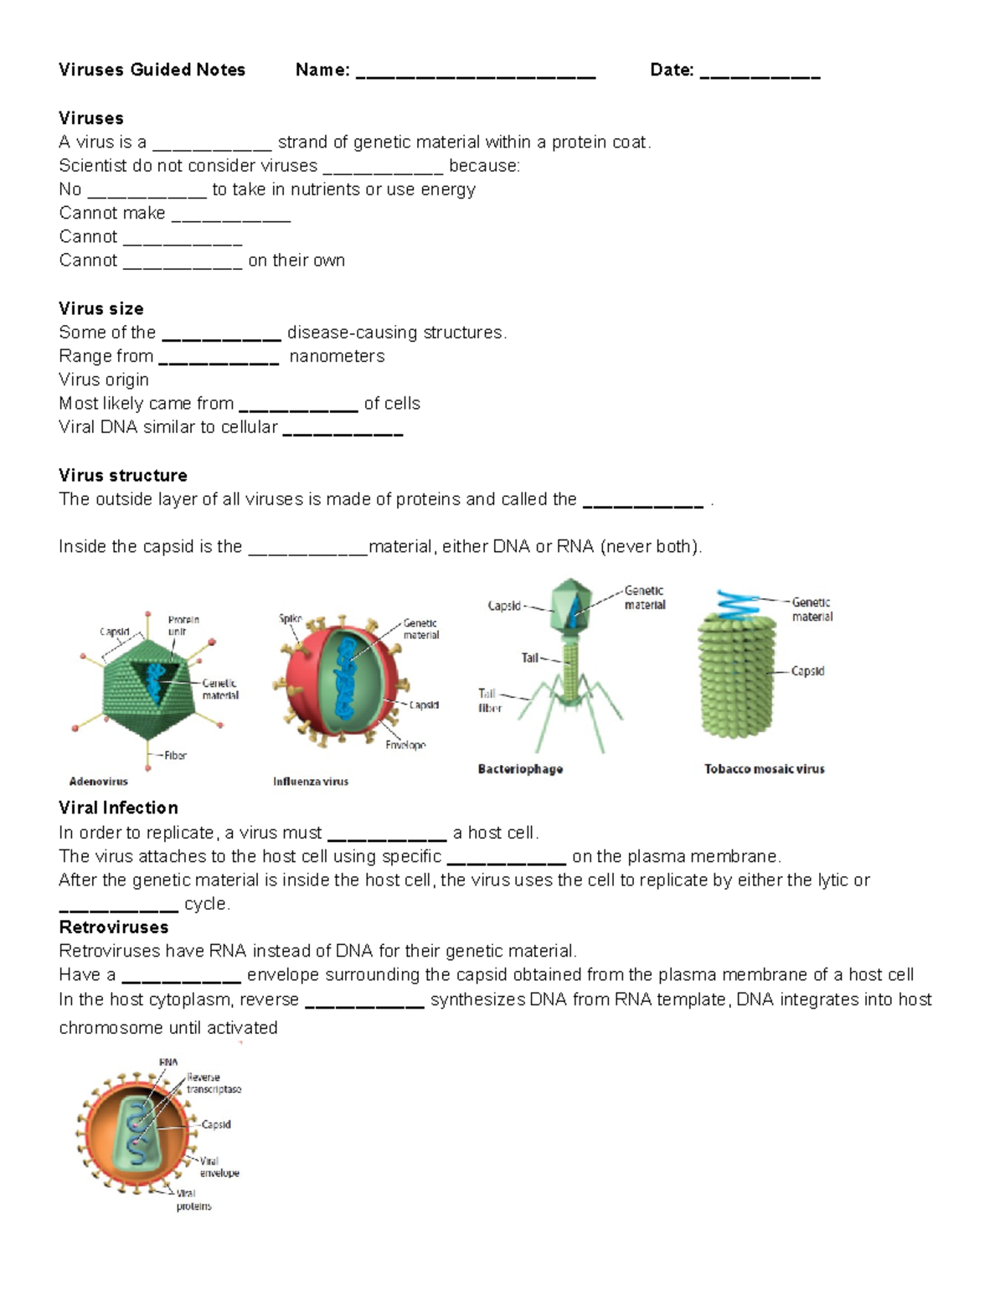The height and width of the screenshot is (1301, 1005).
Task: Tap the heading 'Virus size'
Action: [100, 308]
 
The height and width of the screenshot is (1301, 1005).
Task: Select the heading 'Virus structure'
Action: [123, 475]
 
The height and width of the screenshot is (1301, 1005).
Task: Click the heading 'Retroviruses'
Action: [113, 927]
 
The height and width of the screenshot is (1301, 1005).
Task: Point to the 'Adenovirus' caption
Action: [98, 782]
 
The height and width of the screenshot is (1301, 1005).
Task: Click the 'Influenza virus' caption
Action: [311, 782]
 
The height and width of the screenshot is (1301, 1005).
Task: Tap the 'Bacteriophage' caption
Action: [520, 769]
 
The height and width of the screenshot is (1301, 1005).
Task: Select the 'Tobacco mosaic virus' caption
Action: [764, 769]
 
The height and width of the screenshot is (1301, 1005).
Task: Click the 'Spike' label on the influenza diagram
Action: [290, 619]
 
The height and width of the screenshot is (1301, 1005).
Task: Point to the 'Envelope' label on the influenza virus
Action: [405, 745]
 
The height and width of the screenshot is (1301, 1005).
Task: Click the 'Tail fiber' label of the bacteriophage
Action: [489, 700]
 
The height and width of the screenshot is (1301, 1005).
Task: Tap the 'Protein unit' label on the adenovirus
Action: [183, 626]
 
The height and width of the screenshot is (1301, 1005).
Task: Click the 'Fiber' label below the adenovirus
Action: [175, 756]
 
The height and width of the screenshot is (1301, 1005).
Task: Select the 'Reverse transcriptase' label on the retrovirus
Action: [214, 1083]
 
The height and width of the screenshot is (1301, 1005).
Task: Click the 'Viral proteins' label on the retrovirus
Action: [193, 1200]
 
